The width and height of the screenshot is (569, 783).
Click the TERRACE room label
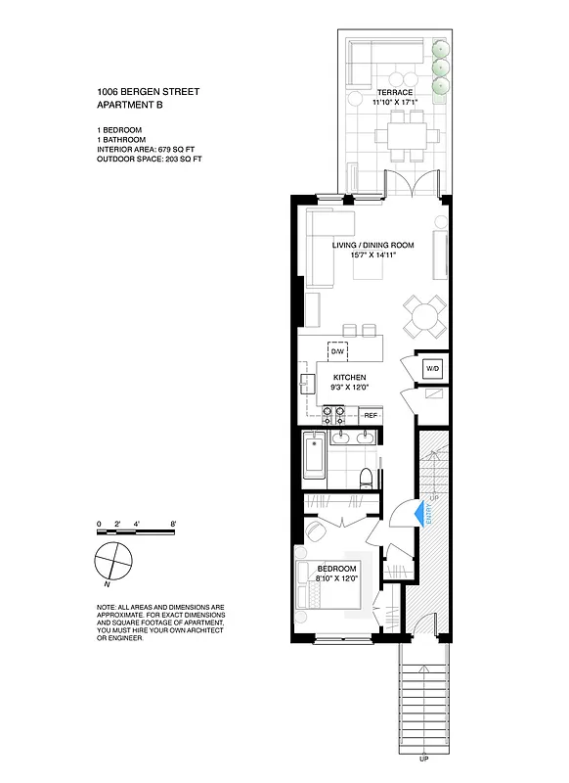click(x=395, y=93)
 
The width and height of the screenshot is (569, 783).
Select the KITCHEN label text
click(x=349, y=377)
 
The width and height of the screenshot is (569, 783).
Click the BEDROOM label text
click(x=337, y=569)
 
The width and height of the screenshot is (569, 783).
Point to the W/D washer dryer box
click(x=431, y=368)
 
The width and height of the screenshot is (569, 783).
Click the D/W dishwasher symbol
click(x=337, y=350)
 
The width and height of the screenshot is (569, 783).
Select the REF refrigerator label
click(x=371, y=416)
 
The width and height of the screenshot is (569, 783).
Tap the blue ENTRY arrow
click(x=416, y=514)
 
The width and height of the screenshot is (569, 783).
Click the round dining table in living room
click(x=425, y=316)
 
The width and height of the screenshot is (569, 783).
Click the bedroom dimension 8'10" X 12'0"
click(x=336, y=579)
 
